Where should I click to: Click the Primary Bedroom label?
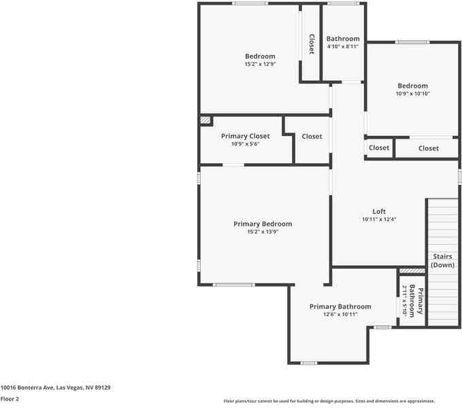pyautogui.click(x=263, y=224)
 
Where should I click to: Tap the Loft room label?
pyautogui.click(x=379, y=211)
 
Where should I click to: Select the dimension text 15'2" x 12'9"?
pyautogui.click(x=260, y=64)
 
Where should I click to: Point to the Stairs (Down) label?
pyautogui.click(x=442, y=260)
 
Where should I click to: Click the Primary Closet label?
pyautogui.click(x=245, y=136)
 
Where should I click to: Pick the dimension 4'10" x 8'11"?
pyautogui.click(x=342, y=47)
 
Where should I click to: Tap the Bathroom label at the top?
pyautogui.click(x=342, y=39)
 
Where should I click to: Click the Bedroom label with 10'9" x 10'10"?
pyautogui.click(x=412, y=86)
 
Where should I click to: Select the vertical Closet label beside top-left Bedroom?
pyautogui.click(x=312, y=44)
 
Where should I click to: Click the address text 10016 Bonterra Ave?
pyautogui.click(x=55, y=388)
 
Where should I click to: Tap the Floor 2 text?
pyautogui.click(x=10, y=399)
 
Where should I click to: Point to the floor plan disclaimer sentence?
pyautogui.click(x=329, y=401)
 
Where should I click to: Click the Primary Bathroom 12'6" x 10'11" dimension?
pyautogui.click(x=340, y=314)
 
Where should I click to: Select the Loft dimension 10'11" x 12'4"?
pyautogui.click(x=379, y=219)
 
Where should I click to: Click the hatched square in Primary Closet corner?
pyautogui.click(x=205, y=120)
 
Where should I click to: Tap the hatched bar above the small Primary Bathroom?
pyautogui.click(x=412, y=271)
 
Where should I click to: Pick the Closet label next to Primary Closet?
pyautogui.click(x=312, y=136)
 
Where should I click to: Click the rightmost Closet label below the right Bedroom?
pyautogui.click(x=428, y=148)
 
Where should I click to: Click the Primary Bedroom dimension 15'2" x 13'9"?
pyautogui.click(x=262, y=232)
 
